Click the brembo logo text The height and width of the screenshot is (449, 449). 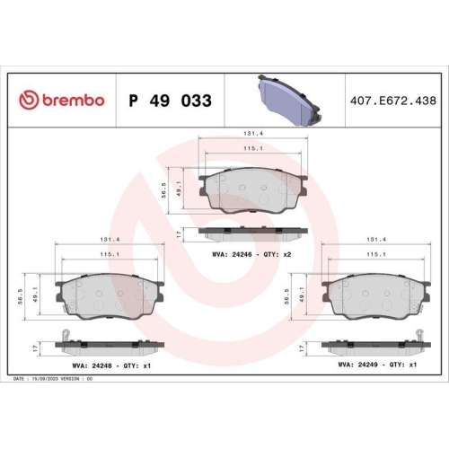point(62,101)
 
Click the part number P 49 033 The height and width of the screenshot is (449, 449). point(170,101)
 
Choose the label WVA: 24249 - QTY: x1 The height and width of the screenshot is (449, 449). point(377,365)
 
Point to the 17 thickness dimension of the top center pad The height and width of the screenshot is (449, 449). point(179,233)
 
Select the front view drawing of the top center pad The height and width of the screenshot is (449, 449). point(254,189)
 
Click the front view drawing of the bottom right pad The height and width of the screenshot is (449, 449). point(376,294)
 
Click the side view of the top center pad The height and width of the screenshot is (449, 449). point(254,233)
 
